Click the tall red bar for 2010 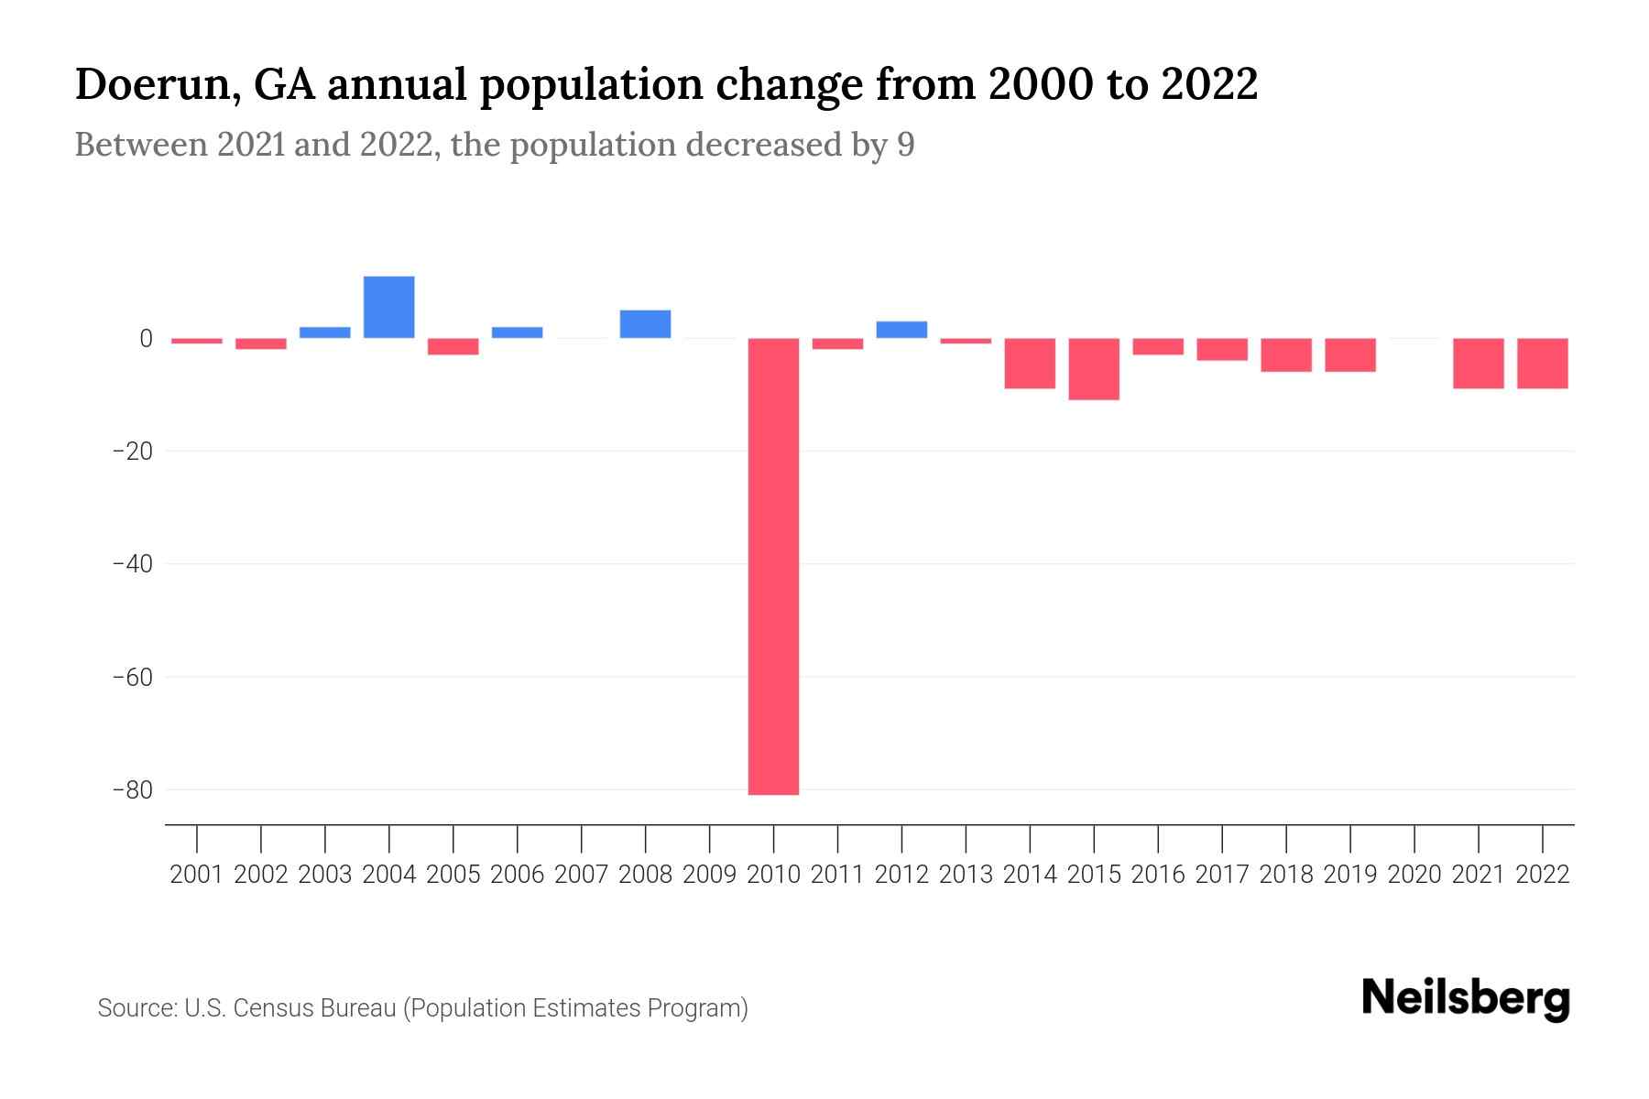(x=773, y=566)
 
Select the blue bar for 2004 (x=388, y=307)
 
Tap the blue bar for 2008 (x=645, y=324)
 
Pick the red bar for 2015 (x=1094, y=369)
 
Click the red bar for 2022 (x=1543, y=364)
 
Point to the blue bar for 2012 (x=901, y=330)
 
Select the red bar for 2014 (x=1030, y=364)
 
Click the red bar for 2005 (x=453, y=346)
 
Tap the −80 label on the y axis (x=132, y=789)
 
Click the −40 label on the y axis (x=132, y=564)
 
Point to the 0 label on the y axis (x=146, y=339)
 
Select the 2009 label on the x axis (x=709, y=875)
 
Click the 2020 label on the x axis (x=1414, y=875)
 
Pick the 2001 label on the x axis (x=196, y=875)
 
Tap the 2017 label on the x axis (x=1222, y=875)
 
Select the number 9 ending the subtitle (x=905, y=146)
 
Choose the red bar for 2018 (x=1286, y=355)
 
